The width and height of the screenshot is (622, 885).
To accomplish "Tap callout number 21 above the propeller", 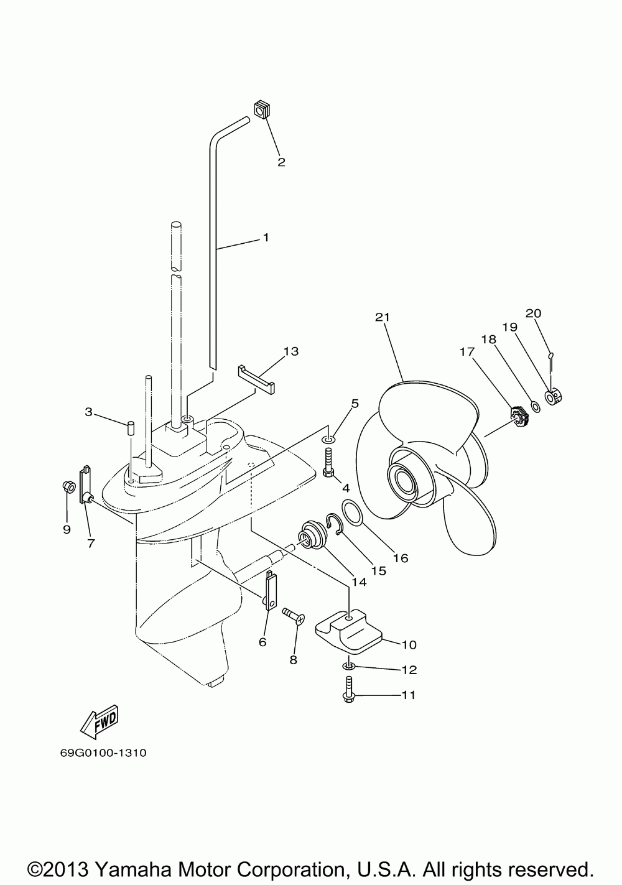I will click(381, 317).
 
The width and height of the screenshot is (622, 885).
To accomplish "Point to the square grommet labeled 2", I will click(261, 111).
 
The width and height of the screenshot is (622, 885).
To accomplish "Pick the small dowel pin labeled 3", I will click(131, 428).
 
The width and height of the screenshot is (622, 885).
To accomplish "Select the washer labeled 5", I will click(329, 441).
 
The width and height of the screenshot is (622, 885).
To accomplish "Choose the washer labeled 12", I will click(348, 667).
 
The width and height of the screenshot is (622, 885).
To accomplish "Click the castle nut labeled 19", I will click(553, 397).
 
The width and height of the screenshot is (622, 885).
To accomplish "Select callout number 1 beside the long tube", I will click(266, 237).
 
